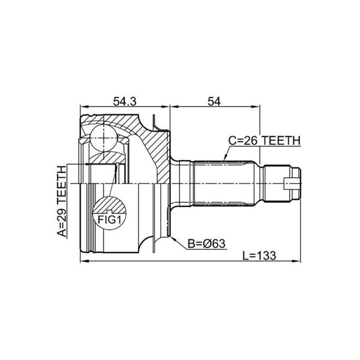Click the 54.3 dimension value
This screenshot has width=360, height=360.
(x=125, y=101)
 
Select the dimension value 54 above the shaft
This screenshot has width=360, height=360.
(x=214, y=101)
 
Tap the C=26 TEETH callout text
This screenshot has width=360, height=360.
(x=264, y=140)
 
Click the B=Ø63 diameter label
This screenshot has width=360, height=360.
(x=207, y=243)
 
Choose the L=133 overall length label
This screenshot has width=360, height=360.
(x=260, y=256)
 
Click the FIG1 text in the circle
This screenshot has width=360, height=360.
(x=109, y=220)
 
